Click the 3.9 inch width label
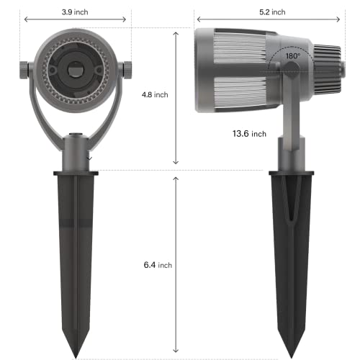pos(76,13)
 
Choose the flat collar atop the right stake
pos(291,172)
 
